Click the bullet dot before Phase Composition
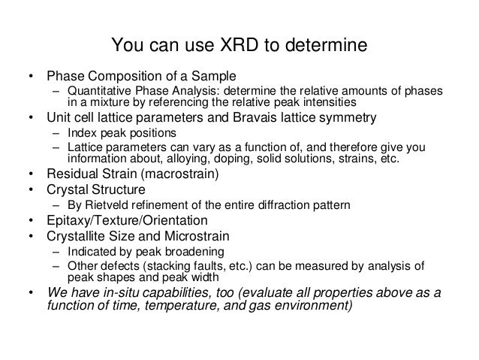pos(31,77)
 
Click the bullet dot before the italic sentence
pos(31,294)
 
